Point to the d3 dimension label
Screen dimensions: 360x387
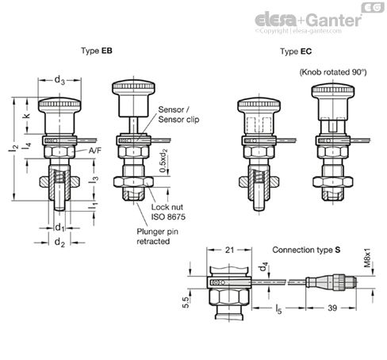(x=60, y=79)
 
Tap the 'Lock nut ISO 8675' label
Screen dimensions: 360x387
(x=169, y=212)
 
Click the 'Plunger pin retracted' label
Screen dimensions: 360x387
(x=154, y=236)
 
